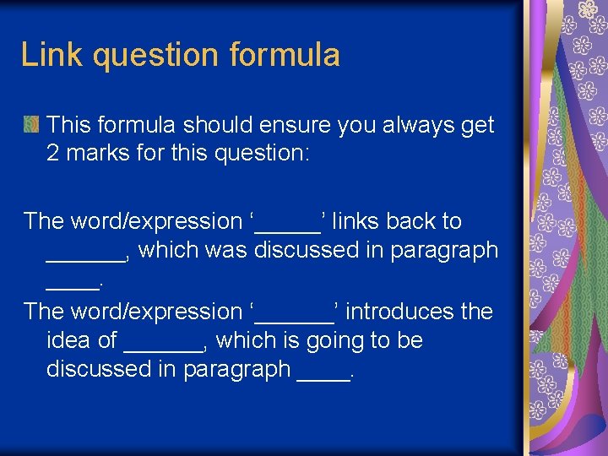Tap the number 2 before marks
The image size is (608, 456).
point(55,155)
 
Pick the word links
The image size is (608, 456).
point(354,221)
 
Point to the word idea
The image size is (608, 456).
point(70,341)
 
